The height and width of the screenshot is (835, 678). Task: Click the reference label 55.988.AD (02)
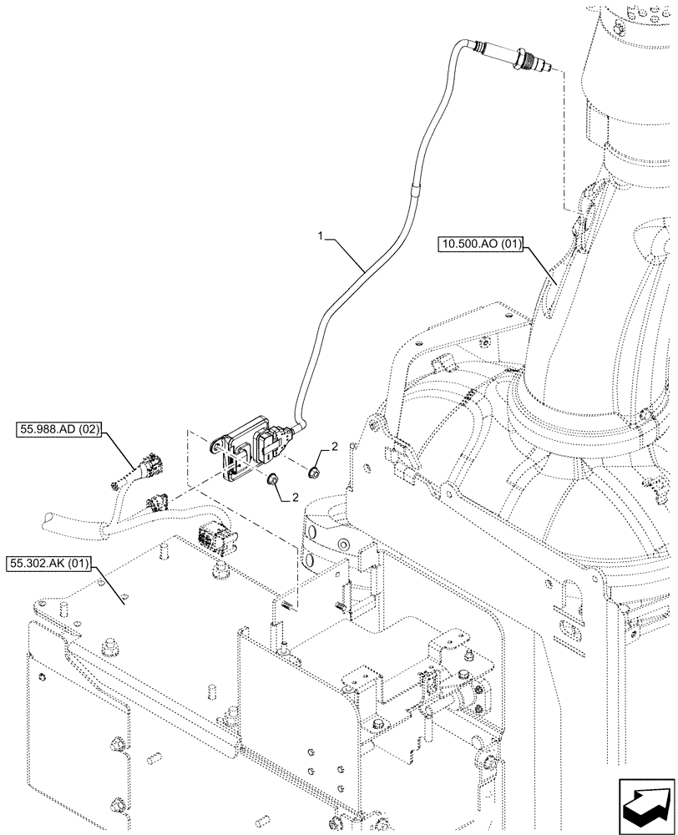[x=58, y=431]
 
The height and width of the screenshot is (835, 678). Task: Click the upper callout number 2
[x=334, y=447]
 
